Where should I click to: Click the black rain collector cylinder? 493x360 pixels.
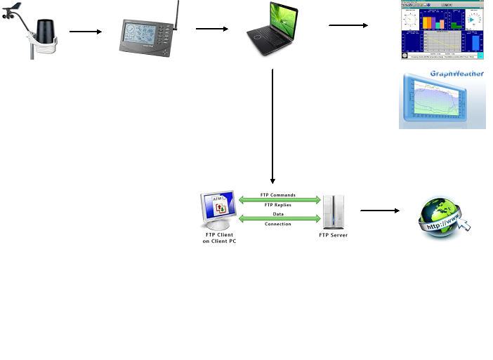coord(45,32)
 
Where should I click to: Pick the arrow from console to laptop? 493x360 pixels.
coord(212,29)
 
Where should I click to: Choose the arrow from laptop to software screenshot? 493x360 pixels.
coord(348,25)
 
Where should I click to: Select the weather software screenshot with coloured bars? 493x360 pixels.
coord(442,29)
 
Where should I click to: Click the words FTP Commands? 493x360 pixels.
coord(277,195)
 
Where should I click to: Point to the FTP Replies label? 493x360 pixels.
coord(277,205)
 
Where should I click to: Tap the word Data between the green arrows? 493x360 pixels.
coord(278,215)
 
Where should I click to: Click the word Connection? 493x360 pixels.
coord(277,224)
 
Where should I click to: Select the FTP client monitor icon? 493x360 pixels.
coord(219,209)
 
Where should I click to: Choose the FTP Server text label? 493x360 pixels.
coord(334,235)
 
